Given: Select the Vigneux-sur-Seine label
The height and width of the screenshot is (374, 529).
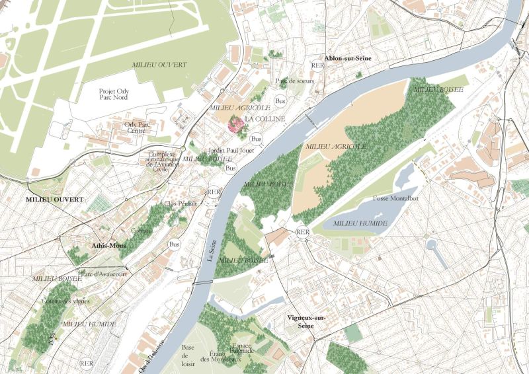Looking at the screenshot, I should click(308, 322).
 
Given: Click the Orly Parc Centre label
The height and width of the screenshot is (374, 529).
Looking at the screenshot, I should click(136, 127).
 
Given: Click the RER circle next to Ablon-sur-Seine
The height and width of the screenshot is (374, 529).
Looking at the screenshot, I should click(317, 65).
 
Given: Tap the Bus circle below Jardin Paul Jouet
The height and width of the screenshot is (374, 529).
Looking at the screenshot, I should click(231, 168).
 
